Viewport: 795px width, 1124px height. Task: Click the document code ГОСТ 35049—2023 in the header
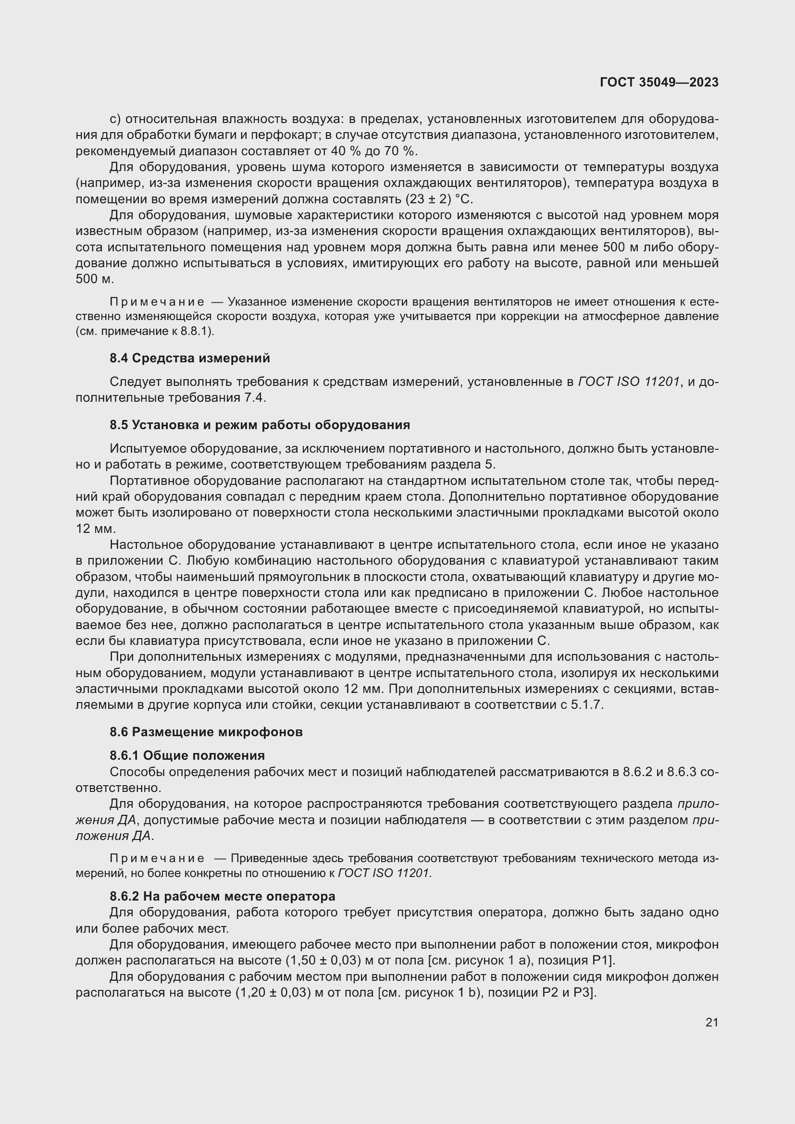659,82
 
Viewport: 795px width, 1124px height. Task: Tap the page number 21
712,1022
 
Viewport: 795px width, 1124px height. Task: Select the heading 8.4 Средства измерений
189,358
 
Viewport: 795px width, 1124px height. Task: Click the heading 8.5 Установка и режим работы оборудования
260,424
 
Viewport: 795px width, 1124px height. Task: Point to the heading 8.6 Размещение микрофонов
206,732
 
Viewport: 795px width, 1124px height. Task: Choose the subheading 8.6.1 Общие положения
187,755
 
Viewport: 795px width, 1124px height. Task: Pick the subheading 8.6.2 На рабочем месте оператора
222,896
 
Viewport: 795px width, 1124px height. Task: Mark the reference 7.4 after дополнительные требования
255,397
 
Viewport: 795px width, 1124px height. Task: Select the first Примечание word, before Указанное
157,302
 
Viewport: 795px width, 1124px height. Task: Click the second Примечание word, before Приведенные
157,858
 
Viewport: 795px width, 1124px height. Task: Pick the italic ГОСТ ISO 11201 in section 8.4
629,382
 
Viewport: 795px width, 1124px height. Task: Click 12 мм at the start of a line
96,529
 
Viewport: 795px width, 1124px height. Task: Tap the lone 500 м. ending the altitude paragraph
95,279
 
